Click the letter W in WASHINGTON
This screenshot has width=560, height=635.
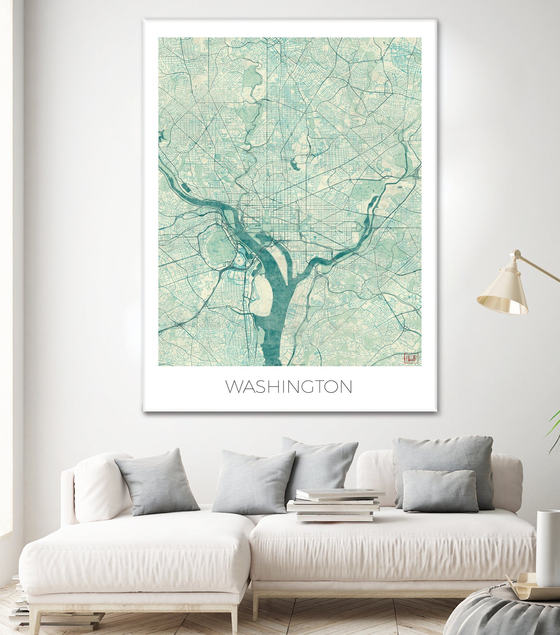point(233,387)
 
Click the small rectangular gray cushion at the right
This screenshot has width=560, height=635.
point(441,490)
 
